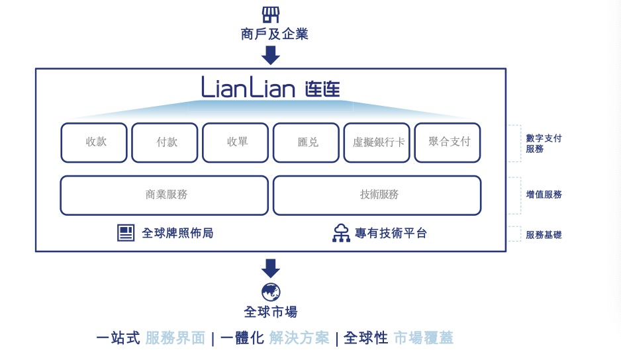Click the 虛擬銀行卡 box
click(x=377, y=142)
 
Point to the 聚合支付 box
click(x=448, y=142)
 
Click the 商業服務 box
click(x=164, y=195)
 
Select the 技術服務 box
click(x=377, y=195)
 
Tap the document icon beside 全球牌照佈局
click(x=125, y=233)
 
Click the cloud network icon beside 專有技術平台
click(x=341, y=233)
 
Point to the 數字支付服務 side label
click(x=544, y=144)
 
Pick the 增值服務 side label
click(x=544, y=195)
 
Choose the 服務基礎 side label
click(x=544, y=234)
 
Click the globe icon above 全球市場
click(x=271, y=292)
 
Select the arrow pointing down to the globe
click(x=271, y=269)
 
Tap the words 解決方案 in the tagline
click(x=299, y=338)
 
